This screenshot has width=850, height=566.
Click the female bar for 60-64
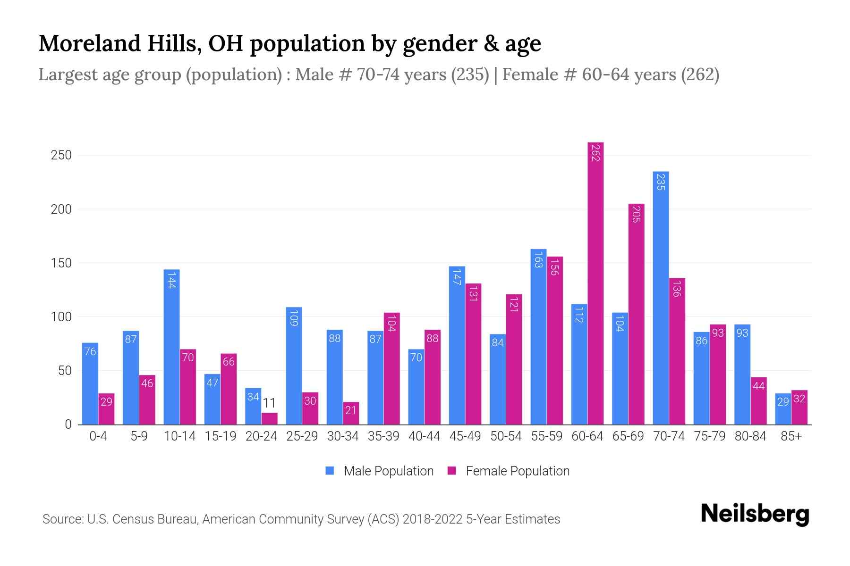pos(595,283)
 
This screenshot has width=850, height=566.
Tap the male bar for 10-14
pos(171,347)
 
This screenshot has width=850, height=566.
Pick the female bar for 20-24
pos(270,419)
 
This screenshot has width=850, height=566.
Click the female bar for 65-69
pos(636,314)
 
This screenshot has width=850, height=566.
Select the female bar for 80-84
pos(758,401)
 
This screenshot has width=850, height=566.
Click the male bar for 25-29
pos(294,366)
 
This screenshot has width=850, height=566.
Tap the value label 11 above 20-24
pos(269,403)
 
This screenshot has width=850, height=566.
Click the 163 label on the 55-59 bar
pos(538,260)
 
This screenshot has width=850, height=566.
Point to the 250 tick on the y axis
pos(61,155)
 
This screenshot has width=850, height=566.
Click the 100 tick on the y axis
pos(61,317)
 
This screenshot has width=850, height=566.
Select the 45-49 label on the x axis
pos(465,436)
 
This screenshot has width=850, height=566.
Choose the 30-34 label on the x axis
pos(343,436)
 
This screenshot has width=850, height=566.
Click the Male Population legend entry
pos(388,471)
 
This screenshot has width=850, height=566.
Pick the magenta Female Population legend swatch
pos(452,471)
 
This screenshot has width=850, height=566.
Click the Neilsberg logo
pos(755,514)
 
